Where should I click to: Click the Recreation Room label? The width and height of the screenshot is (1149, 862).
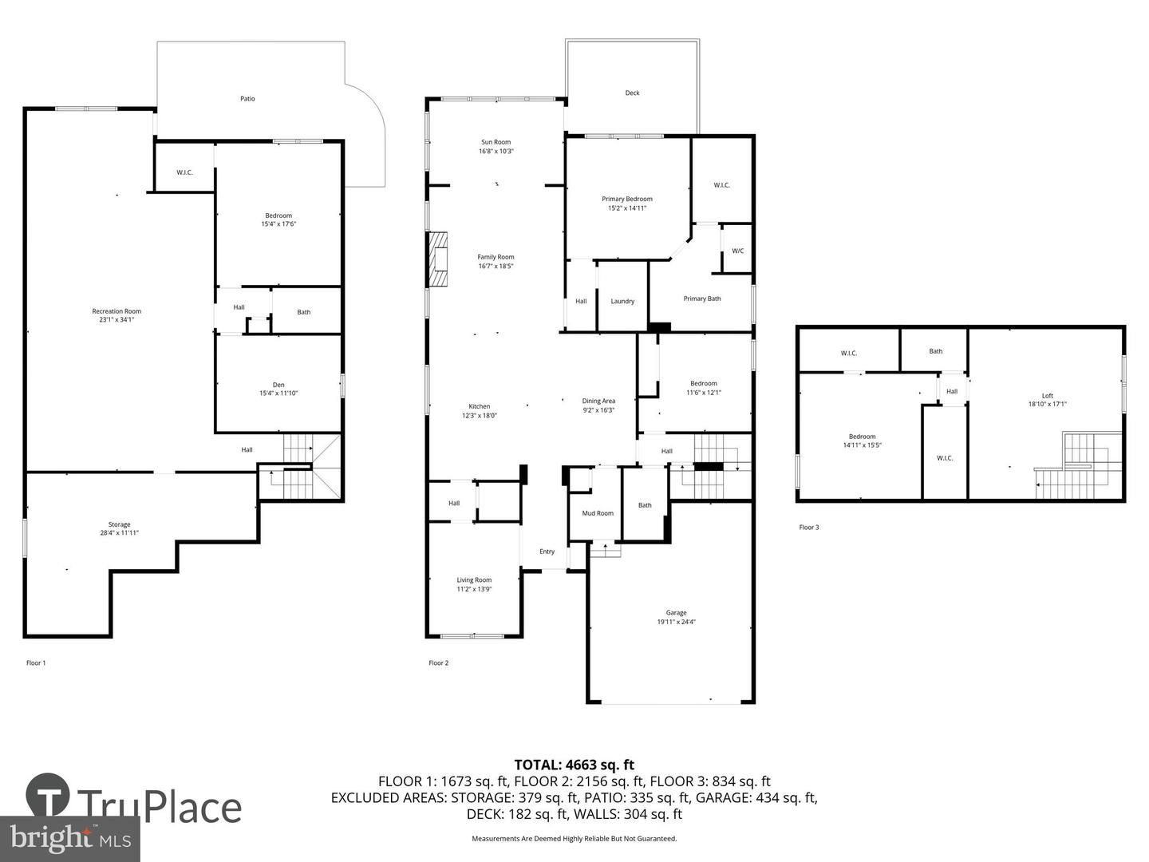coord(116,311)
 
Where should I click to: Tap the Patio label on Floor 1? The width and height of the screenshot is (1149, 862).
coord(248,99)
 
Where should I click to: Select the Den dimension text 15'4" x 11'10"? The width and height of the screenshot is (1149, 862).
coord(278,393)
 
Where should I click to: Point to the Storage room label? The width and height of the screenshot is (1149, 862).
coord(120,524)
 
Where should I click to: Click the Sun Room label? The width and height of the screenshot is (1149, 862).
coord(496,142)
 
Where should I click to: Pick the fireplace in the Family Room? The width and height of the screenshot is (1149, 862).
coord(437,259)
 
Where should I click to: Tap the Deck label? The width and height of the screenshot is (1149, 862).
coord(632,93)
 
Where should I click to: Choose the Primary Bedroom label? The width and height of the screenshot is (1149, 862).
coord(627,199)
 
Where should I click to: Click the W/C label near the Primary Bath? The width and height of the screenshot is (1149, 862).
coord(738,251)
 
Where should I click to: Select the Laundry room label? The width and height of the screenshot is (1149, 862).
coord(622,302)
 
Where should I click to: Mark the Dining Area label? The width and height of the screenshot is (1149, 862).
coord(598,401)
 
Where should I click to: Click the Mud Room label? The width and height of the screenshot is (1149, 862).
coord(598,513)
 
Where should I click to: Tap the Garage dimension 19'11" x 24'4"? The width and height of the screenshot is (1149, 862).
coord(676,622)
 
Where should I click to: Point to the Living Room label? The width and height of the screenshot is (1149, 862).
coord(474,580)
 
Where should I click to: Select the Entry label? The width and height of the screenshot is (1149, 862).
coord(547,552)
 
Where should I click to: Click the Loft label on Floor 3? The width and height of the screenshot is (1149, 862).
coord(1047,396)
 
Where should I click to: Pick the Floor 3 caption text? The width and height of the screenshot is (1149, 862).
coord(809,528)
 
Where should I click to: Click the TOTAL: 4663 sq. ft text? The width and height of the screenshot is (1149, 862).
coord(574,765)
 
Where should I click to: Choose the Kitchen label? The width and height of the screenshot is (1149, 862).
coord(480,406)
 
